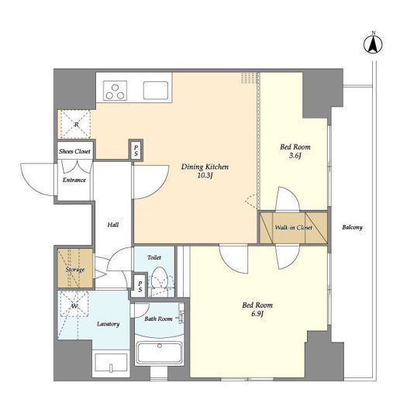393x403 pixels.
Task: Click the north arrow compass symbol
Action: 373,44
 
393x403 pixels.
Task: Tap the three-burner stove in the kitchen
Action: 115,91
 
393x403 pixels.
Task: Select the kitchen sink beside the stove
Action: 156,91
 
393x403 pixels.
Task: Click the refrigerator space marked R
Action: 75,125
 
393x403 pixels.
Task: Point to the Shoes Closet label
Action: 74,151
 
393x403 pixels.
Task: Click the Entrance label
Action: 74,180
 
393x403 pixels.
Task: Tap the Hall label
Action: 113,225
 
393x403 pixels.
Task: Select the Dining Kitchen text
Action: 205,167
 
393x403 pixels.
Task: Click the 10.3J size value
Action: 205,176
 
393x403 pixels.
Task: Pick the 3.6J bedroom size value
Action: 295,156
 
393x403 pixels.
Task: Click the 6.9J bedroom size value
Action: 257,314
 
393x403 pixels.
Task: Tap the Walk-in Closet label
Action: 294,227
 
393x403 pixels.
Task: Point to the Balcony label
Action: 352,227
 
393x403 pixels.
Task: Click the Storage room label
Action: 75,270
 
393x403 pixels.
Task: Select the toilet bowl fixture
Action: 159,278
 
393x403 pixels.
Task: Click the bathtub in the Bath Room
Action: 160,353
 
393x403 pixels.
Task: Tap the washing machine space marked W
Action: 74,305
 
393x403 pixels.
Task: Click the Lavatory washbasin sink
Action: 111,363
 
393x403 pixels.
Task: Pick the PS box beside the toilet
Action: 140,287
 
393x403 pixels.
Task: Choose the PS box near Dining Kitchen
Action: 136,150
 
